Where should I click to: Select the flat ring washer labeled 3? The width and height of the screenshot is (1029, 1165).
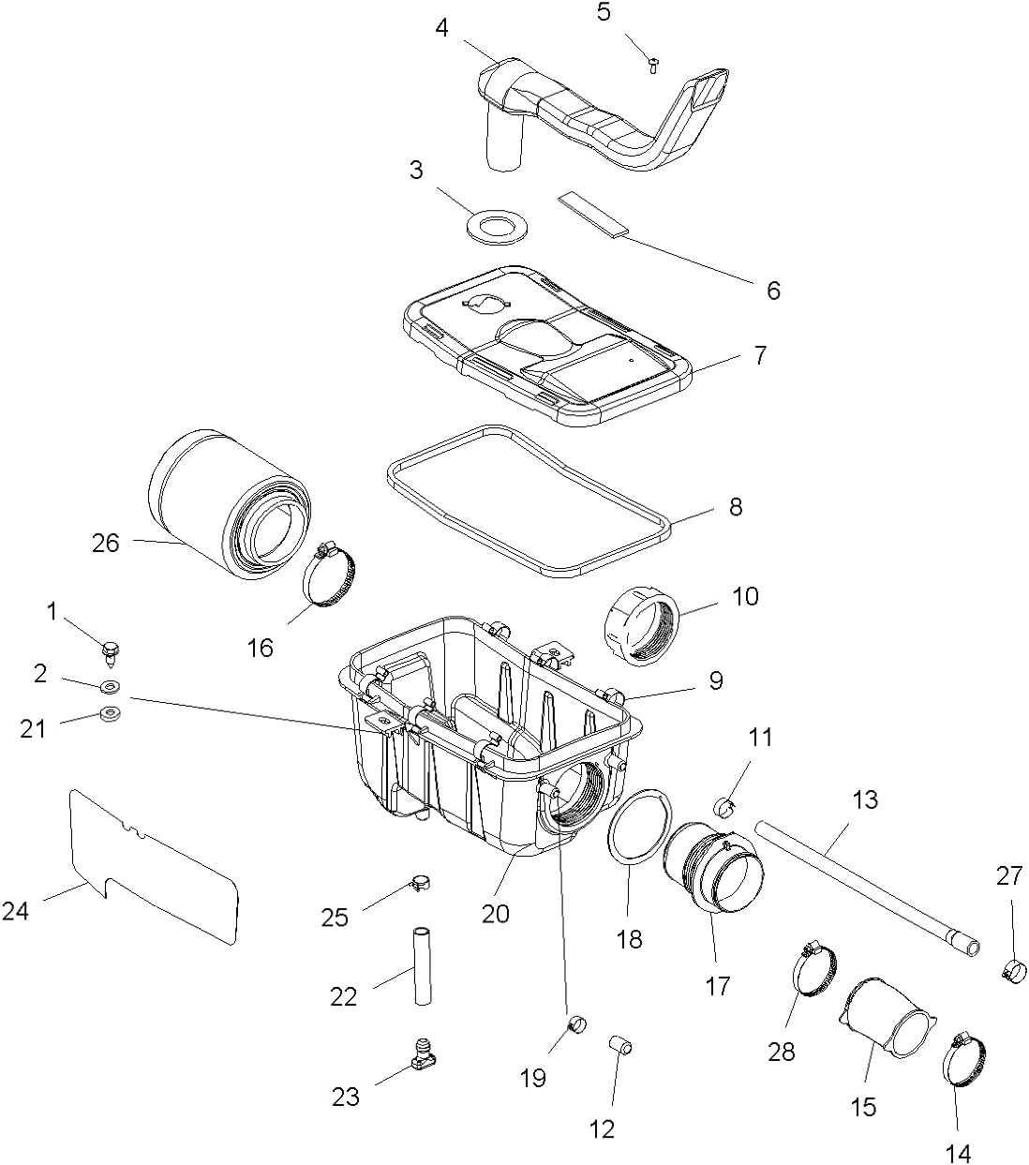[x=494, y=225]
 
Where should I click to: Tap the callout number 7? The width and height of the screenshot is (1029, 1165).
[x=759, y=355]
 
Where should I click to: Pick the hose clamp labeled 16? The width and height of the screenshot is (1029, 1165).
[x=331, y=574]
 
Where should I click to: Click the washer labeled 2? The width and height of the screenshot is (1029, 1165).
[x=110, y=687]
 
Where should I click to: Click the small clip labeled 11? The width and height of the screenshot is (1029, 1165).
[x=727, y=803]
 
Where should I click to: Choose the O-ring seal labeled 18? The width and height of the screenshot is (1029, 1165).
[x=637, y=830]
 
